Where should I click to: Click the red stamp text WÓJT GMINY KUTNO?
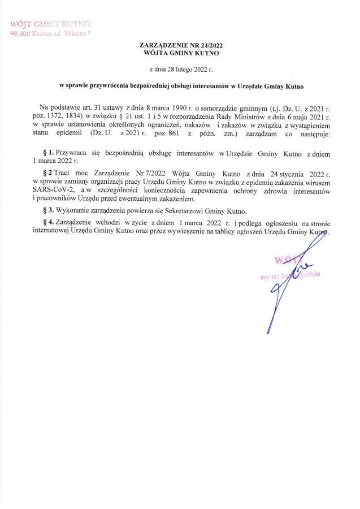pos(50,24)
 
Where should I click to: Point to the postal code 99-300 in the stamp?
pos(21,34)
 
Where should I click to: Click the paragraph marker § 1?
pos(48,153)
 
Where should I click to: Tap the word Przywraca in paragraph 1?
pos(71,153)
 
